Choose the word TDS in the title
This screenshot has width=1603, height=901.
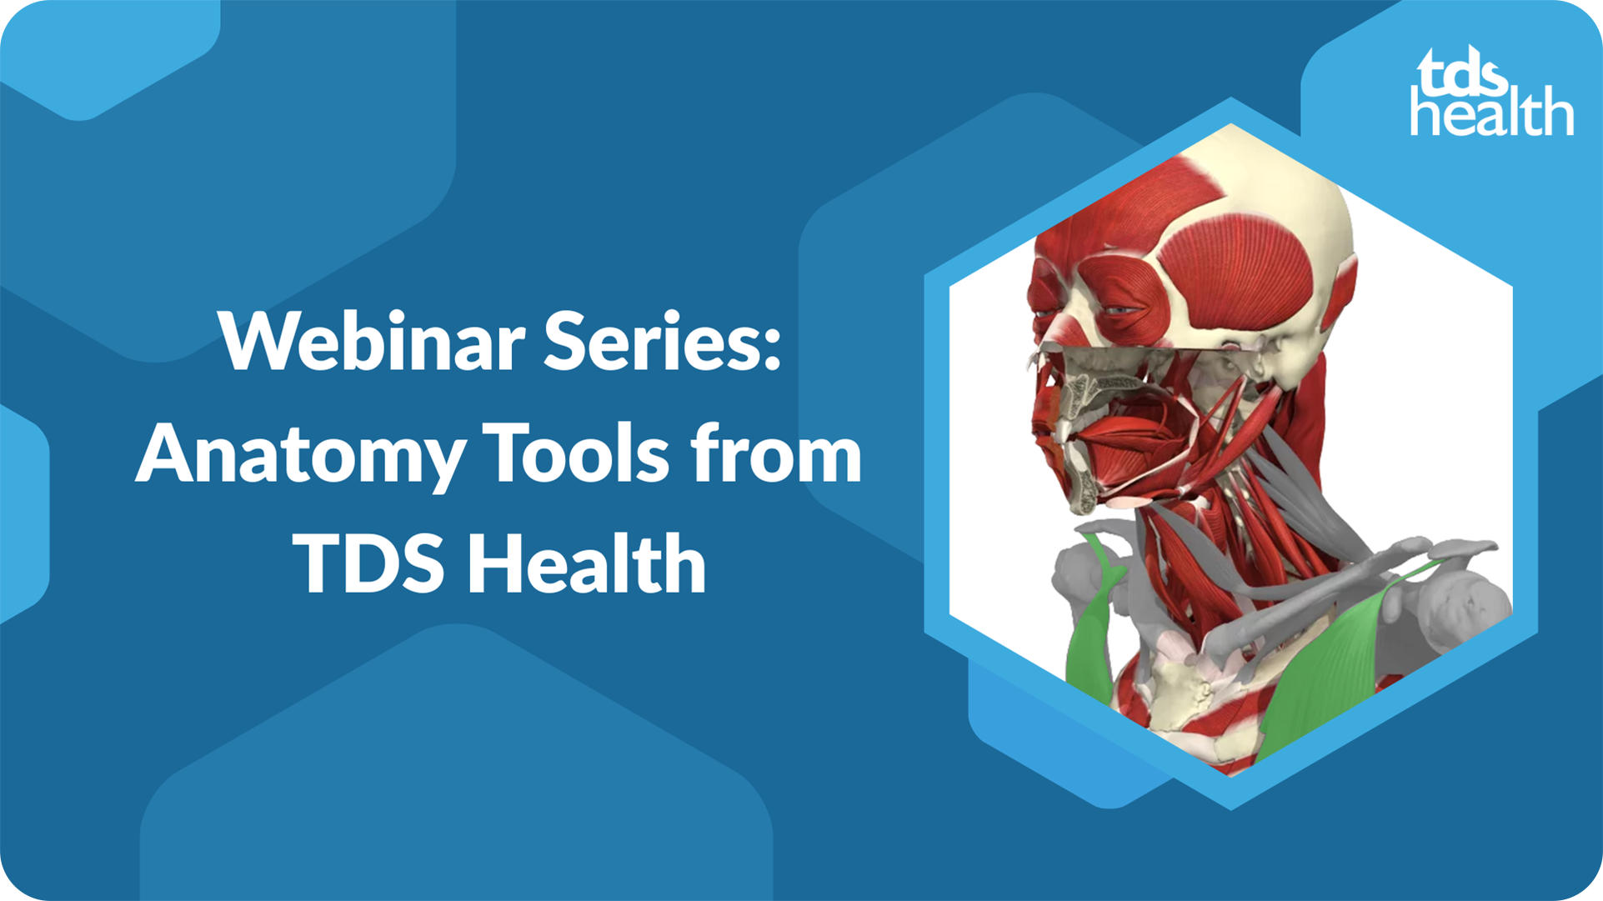click(x=371, y=564)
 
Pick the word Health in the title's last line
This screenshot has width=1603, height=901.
click(x=587, y=564)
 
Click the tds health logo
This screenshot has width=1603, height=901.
click(x=1490, y=92)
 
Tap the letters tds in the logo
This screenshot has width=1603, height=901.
click(x=1463, y=73)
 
